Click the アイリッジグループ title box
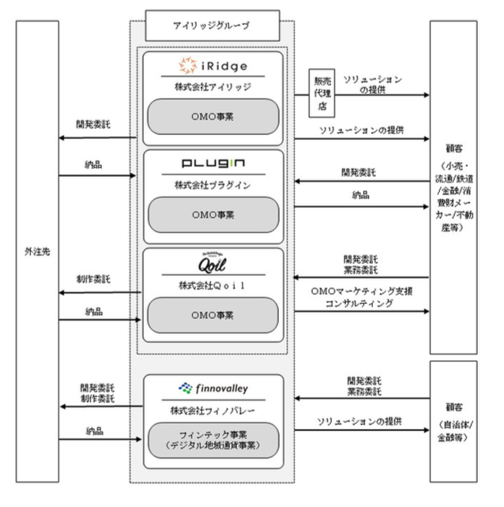[213, 26]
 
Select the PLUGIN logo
[212, 163]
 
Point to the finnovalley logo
[212, 388]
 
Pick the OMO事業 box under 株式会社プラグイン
[212, 214]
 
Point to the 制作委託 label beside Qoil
[97, 280]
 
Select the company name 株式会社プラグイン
[212, 182]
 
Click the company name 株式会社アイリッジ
[212, 85]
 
